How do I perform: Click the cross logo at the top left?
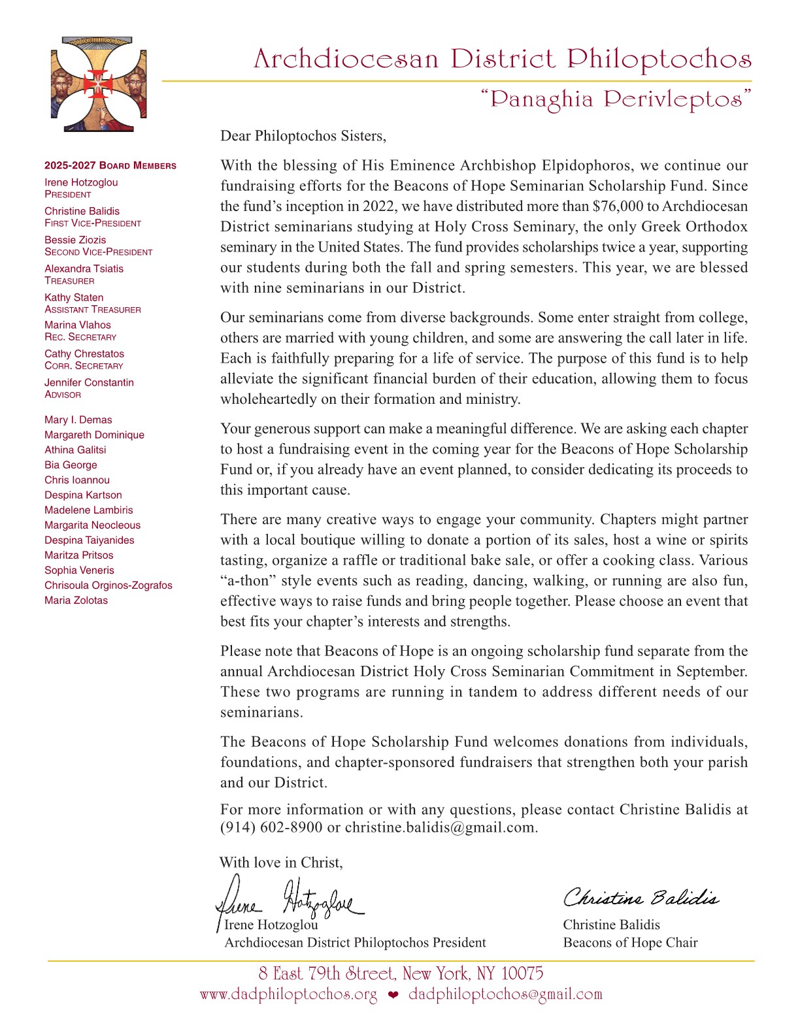pyautogui.click(x=98, y=84)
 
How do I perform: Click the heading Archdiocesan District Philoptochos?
pyautogui.click(x=502, y=59)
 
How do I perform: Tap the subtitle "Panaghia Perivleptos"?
pyautogui.click(x=616, y=99)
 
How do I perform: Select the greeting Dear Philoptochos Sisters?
pyautogui.click(x=303, y=136)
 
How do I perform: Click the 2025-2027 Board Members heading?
pyautogui.click(x=110, y=166)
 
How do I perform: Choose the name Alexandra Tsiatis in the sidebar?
pyautogui.click(x=84, y=269)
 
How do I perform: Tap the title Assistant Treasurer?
pyautogui.click(x=93, y=310)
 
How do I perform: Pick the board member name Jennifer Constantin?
pyautogui.click(x=89, y=382)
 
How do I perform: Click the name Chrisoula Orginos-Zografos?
pyautogui.click(x=108, y=585)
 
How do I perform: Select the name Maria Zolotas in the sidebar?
pyautogui.click(x=76, y=600)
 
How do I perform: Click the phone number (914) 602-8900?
pyautogui.click(x=271, y=827)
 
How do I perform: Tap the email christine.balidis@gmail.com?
pyautogui.click(x=440, y=827)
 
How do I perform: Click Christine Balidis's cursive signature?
pyautogui.click(x=641, y=898)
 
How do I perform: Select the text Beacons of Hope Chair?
pyautogui.click(x=630, y=943)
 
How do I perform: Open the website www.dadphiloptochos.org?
pyautogui.click(x=288, y=995)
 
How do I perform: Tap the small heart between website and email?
pyautogui.click(x=393, y=996)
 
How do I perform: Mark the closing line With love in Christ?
pyautogui.click(x=281, y=862)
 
